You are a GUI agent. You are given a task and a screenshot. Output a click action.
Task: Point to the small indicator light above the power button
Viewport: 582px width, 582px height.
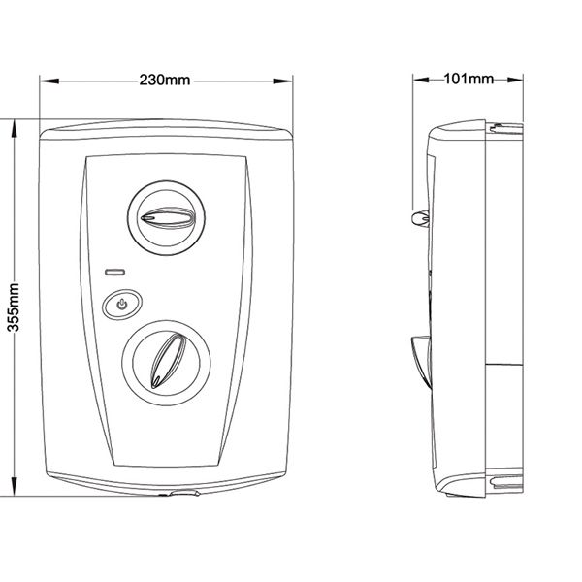click(115, 271)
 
